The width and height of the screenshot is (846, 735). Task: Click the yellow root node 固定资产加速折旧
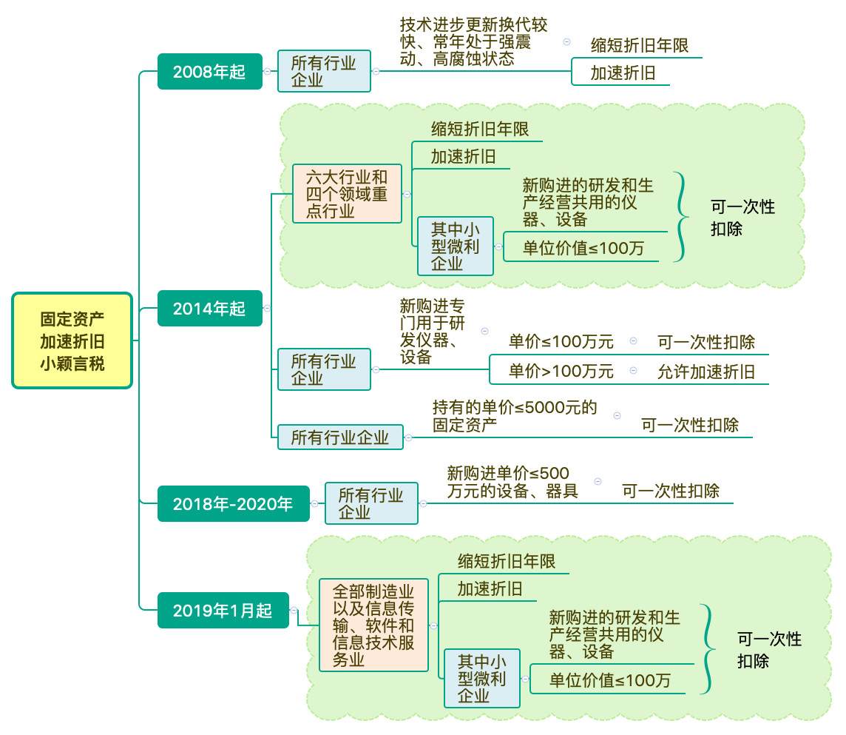click(72, 340)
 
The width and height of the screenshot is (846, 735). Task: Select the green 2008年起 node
click(209, 72)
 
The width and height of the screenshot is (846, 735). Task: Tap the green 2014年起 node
click(209, 308)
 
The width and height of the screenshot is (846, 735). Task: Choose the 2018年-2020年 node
click(233, 504)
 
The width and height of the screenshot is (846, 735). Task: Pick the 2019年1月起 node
click(223, 611)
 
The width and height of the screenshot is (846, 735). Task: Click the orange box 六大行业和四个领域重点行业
click(347, 194)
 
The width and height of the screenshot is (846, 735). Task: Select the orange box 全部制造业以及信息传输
click(373, 625)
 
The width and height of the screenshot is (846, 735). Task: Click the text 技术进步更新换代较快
click(473, 41)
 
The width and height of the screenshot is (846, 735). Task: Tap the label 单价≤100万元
click(561, 342)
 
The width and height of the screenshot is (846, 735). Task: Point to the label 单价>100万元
click(561, 372)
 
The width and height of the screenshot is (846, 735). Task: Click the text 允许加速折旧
click(706, 372)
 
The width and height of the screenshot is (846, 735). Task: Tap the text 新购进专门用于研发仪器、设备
click(433, 331)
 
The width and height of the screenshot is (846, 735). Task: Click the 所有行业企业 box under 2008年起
click(324, 71)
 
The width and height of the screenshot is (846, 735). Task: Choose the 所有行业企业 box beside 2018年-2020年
click(371, 503)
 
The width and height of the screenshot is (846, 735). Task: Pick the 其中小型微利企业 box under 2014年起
click(455, 246)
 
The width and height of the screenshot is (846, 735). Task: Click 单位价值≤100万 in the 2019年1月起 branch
click(610, 679)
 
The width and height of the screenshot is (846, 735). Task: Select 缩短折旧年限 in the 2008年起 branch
click(640, 46)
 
